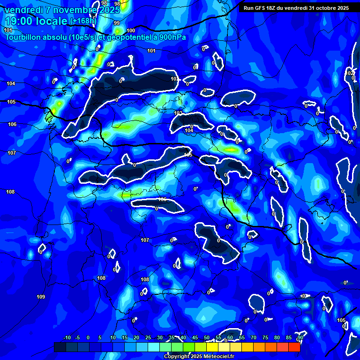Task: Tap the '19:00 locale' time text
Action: (36, 21)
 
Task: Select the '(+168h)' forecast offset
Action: (83, 21)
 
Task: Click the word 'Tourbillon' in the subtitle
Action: (24, 37)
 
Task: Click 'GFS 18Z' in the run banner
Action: (264, 8)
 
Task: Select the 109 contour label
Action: (41, 297)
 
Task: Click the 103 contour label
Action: (178, 113)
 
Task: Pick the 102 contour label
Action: (350, 73)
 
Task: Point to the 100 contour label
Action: (131, 30)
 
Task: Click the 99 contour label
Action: (117, 23)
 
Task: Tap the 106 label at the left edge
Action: (12, 124)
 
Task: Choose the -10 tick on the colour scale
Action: (67, 337)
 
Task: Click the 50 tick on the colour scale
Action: (207, 337)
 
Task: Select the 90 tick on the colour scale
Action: (300, 337)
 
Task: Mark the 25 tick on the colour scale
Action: (148, 337)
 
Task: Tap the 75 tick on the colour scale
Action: (265, 337)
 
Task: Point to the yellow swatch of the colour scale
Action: (212, 347)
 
